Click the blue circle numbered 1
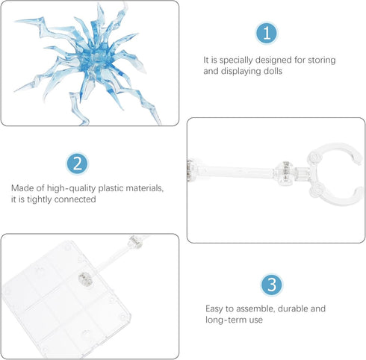(267, 33)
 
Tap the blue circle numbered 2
(78, 164)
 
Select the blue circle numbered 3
(272, 285)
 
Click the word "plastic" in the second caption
(111, 189)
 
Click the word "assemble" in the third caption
(255, 309)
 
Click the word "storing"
(322, 60)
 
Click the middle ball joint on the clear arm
(284, 173)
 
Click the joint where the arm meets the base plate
(86, 279)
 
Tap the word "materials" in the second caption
(144, 188)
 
